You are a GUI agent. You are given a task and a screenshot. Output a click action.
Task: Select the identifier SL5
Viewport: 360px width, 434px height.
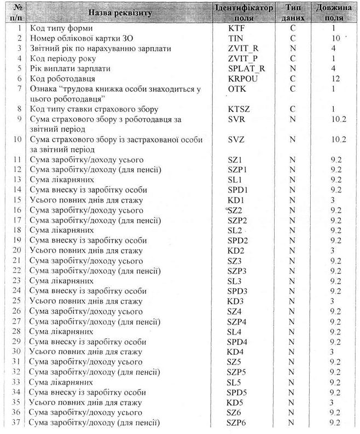[x=234, y=382]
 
